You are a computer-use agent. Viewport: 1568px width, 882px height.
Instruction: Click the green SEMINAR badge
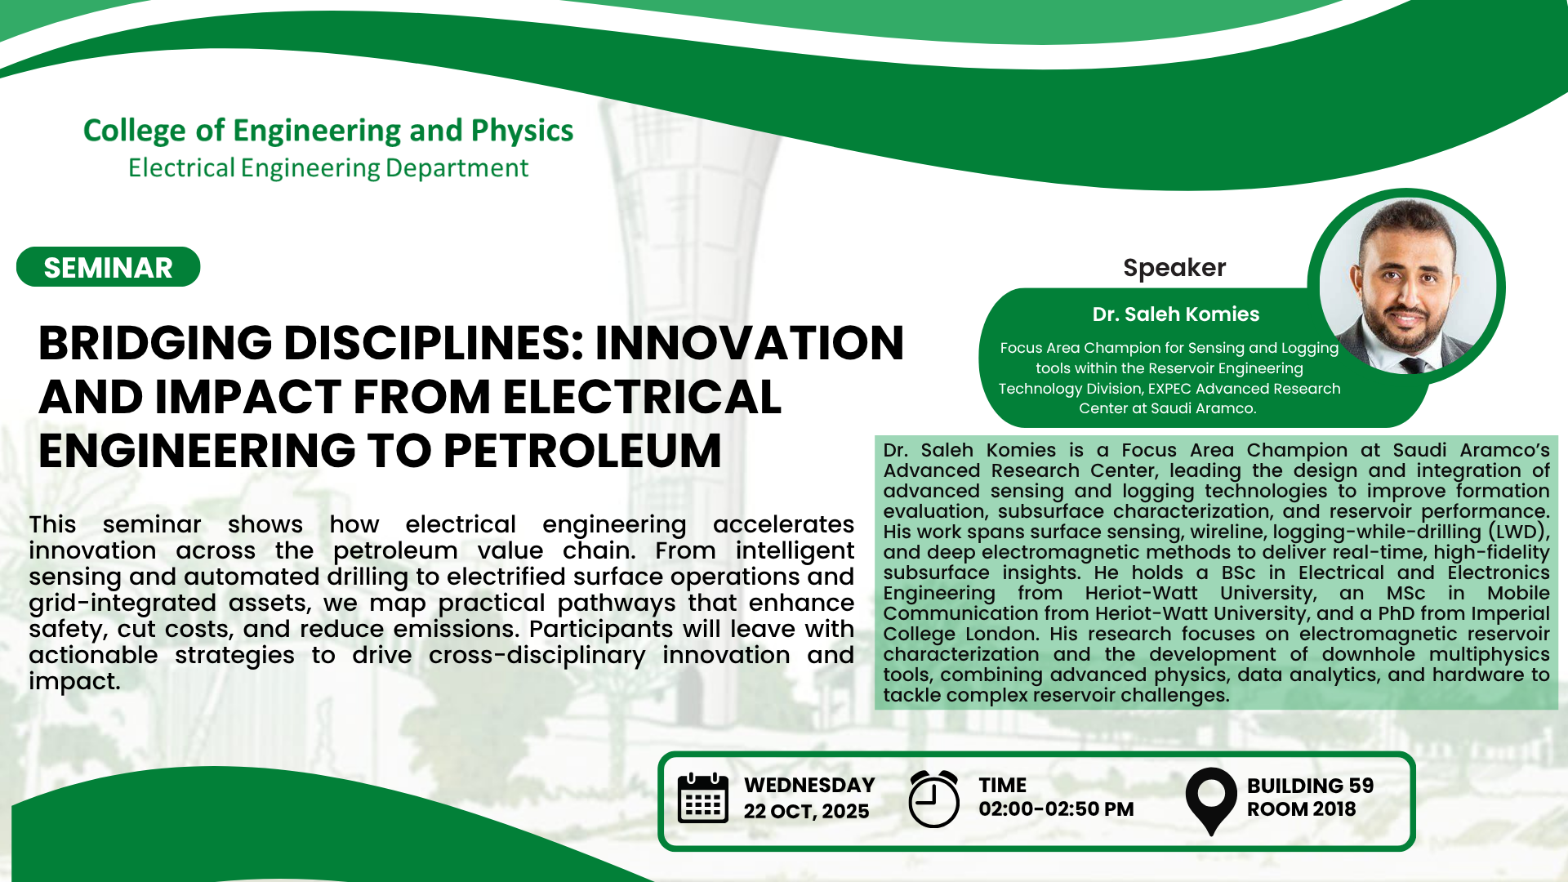coord(109,267)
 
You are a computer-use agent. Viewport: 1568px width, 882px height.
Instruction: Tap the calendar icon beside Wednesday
coord(703,798)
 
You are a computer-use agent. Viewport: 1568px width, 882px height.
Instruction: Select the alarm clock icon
coord(933,799)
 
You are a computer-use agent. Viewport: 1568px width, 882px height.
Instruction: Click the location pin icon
coord(1211,801)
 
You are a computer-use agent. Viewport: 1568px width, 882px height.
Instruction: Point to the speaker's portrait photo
coord(1406,287)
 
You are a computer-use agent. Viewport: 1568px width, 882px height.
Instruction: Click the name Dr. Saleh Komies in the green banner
coord(1176,314)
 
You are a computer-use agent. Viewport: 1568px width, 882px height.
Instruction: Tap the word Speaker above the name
coord(1174,268)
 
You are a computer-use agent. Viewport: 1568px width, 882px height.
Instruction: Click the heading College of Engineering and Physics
coord(328,131)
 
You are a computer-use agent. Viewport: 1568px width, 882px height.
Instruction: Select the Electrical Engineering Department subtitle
coord(328,168)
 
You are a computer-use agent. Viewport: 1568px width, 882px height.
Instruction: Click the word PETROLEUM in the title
coord(583,451)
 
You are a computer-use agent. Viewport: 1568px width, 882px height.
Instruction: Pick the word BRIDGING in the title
coord(155,343)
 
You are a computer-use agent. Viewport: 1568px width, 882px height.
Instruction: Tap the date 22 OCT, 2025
coord(806,812)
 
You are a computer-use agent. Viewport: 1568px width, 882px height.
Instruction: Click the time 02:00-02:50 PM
coord(1056,809)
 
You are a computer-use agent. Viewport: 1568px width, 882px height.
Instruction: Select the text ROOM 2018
coord(1301,809)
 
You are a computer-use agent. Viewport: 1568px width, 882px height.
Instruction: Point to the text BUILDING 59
coord(1310,786)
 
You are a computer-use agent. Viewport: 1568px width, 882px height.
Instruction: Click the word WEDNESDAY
coord(809,786)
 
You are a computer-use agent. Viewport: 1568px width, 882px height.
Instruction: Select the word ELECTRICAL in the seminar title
coord(643,397)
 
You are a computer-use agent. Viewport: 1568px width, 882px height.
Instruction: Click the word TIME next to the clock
coord(1002,786)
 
